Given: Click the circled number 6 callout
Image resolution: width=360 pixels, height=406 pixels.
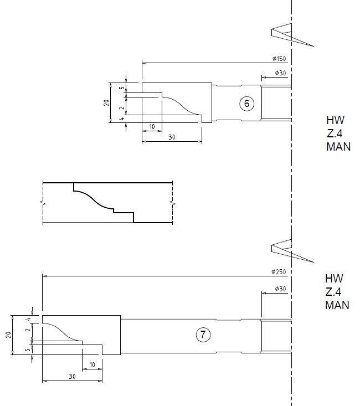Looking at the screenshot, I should [x=248, y=102].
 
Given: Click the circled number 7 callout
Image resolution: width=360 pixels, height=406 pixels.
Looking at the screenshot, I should [x=203, y=335].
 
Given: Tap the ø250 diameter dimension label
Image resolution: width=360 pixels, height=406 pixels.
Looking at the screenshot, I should [x=278, y=271].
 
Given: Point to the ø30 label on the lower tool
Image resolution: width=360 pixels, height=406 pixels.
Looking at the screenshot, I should [x=280, y=290].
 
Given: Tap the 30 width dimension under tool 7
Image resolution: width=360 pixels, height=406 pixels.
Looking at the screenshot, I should [x=72, y=377].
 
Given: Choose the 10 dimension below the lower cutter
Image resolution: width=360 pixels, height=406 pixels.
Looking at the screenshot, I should [x=92, y=364].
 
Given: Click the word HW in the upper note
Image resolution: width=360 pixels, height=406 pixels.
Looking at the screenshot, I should [x=335, y=120].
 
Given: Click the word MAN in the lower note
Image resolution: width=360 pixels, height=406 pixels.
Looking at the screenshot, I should [x=337, y=305].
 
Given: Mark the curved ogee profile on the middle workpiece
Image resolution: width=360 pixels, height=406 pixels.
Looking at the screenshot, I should [x=93, y=198].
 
